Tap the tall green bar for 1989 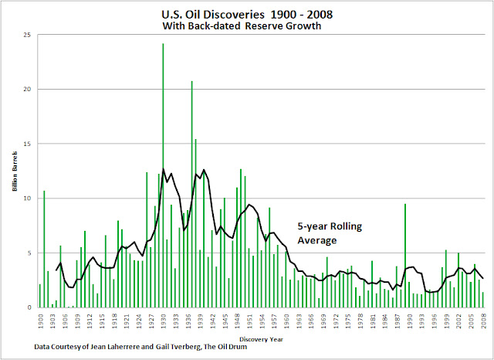[404, 255]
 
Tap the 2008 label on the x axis [484, 320]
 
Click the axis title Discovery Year [261, 338]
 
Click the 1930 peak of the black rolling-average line [163, 169]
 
